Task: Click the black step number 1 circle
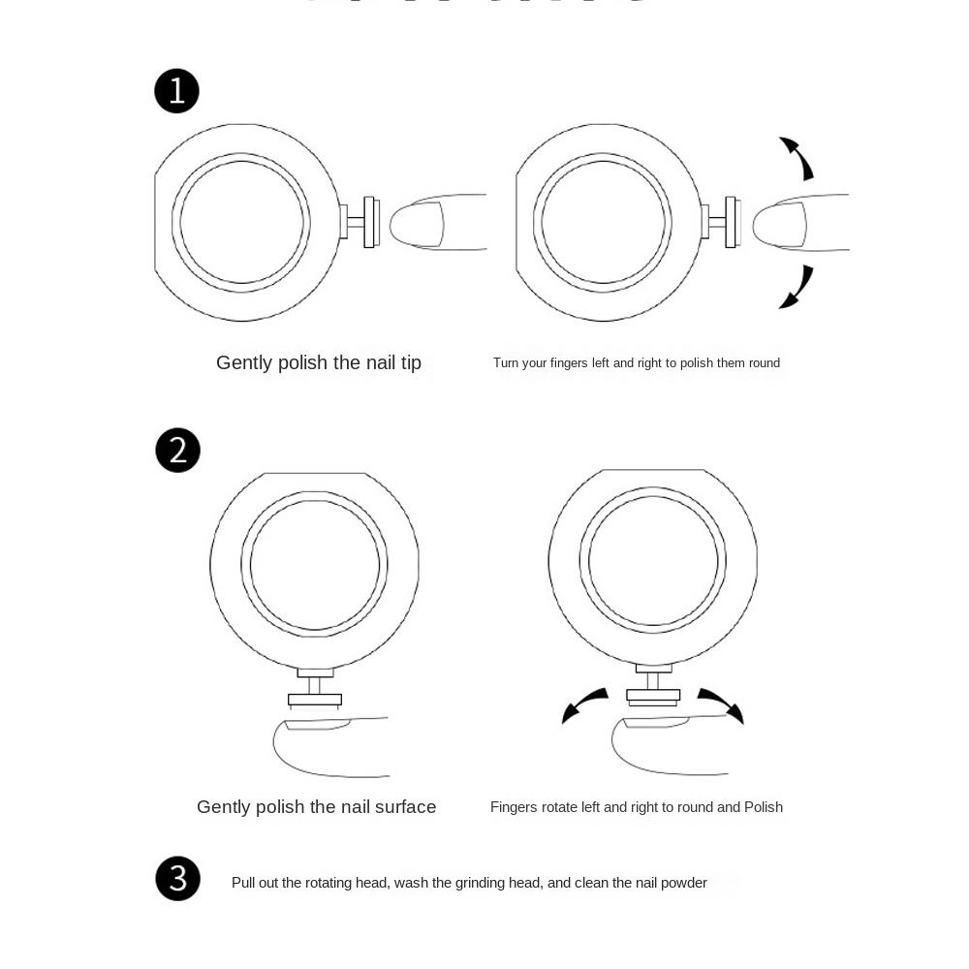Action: [x=176, y=91]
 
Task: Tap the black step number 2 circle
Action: [x=177, y=451]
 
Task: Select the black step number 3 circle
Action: [x=177, y=879]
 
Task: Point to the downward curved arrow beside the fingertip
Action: [x=797, y=288]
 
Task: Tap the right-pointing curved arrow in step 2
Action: [x=721, y=704]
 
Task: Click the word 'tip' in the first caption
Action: [x=411, y=363]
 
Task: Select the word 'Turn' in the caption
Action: [x=506, y=363]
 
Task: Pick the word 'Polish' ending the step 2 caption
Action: [x=764, y=807]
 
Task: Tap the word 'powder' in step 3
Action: [x=684, y=883]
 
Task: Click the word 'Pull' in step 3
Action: [x=244, y=883]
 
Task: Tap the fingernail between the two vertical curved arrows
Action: [x=781, y=223]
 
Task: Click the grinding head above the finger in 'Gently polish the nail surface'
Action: [x=315, y=698]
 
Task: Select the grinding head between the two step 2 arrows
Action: [x=653, y=695]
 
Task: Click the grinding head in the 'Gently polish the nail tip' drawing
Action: [x=369, y=222]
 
